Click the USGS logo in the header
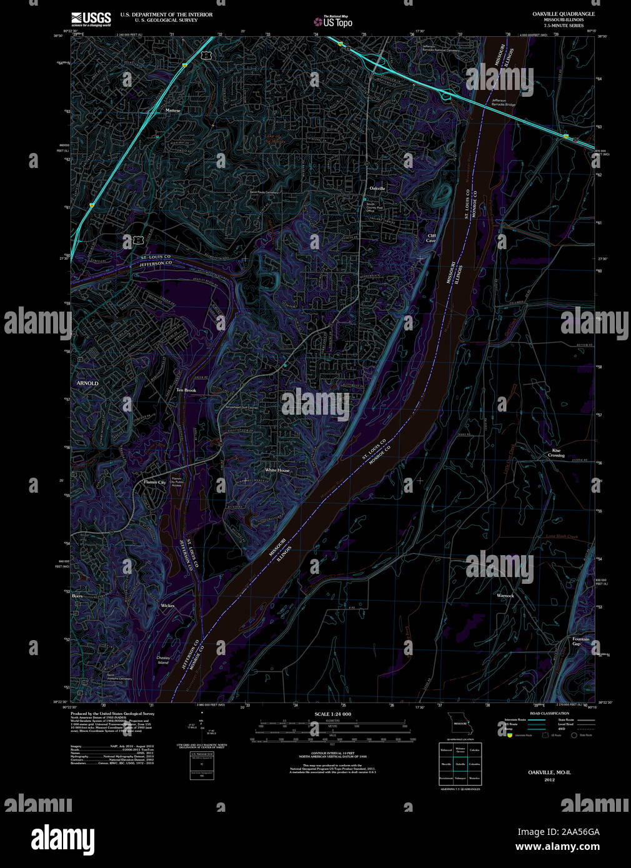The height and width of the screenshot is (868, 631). (91, 18)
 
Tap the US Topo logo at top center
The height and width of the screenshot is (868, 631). (333, 22)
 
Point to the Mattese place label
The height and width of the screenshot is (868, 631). (172, 111)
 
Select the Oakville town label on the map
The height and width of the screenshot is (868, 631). (377, 188)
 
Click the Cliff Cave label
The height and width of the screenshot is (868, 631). (431, 238)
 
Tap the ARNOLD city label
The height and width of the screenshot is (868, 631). (87, 383)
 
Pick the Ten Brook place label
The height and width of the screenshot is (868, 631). (186, 390)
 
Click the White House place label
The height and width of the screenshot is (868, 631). (277, 470)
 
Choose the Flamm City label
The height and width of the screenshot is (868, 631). (155, 482)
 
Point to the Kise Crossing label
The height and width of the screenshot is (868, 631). (556, 453)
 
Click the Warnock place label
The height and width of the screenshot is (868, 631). (505, 596)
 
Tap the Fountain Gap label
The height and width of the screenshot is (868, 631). (580, 641)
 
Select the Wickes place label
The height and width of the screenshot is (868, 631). (167, 606)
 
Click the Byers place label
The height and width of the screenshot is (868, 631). (77, 596)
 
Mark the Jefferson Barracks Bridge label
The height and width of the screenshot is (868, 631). (503, 102)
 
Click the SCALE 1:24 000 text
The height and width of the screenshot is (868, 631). (332, 714)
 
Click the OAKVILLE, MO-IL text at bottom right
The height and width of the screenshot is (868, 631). (549, 772)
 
